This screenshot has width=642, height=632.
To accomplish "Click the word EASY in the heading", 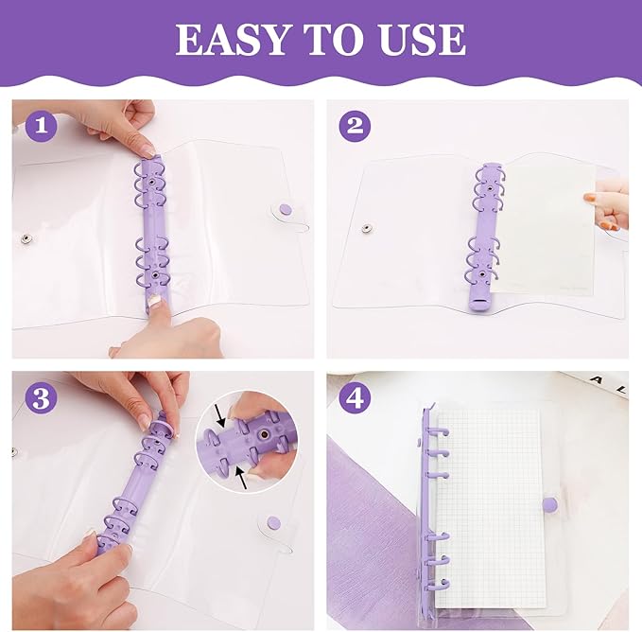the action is click(x=232, y=39).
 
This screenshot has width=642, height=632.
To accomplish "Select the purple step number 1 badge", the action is click(x=41, y=126).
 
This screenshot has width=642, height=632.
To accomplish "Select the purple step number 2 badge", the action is click(x=355, y=126).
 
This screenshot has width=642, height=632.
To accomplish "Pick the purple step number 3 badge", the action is click(x=41, y=397).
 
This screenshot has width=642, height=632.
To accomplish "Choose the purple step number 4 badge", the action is click(x=355, y=397).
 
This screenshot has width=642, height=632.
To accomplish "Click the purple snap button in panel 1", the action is click(x=286, y=210).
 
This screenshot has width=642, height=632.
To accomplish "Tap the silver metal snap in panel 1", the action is click(x=27, y=238).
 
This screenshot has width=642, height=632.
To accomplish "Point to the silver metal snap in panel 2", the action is click(x=367, y=229).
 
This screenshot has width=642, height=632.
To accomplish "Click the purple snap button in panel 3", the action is click(x=273, y=522).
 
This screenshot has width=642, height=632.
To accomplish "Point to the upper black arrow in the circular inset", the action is click(x=220, y=415).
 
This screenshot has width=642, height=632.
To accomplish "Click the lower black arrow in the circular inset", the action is click(x=242, y=479).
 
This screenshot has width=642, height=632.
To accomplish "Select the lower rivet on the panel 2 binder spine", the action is click(x=482, y=273).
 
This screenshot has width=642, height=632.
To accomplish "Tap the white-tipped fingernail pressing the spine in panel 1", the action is click(x=155, y=301).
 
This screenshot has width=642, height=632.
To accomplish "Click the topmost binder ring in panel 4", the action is click(x=440, y=431).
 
